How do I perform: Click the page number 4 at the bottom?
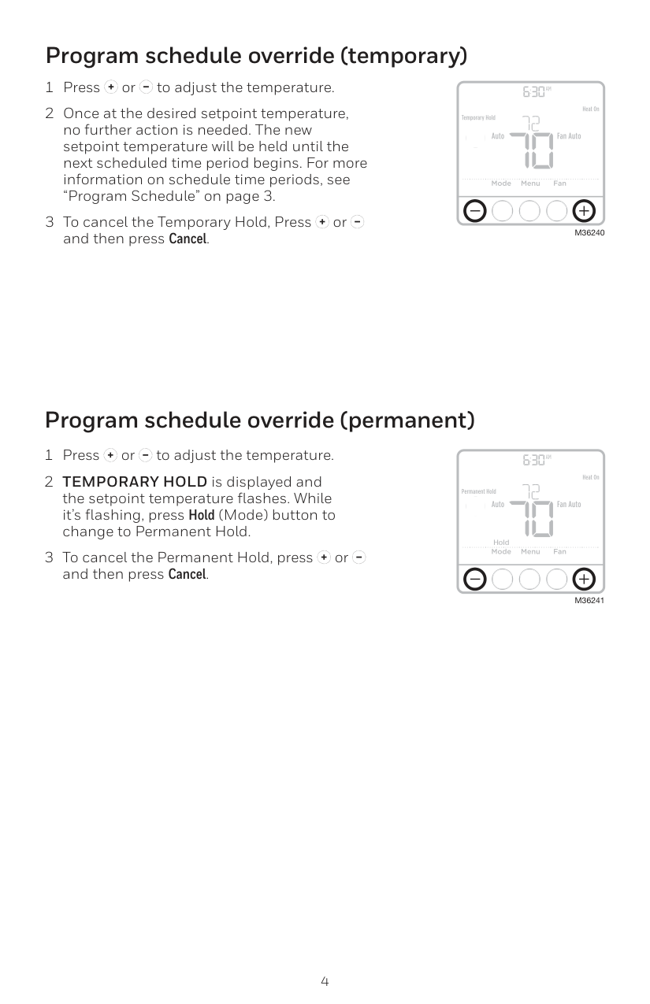(x=325, y=981)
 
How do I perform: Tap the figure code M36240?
(x=589, y=234)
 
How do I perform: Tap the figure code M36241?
(x=589, y=601)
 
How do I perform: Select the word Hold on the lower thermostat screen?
(x=501, y=543)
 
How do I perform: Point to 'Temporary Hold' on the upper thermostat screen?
(x=478, y=118)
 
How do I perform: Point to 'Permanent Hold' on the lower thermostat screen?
(x=478, y=491)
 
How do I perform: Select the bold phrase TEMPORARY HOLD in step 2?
(x=135, y=482)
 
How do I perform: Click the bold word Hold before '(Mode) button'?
(x=202, y=516)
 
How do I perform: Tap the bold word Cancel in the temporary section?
(x=188, y=239)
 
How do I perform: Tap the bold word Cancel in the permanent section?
(x=188, y=574)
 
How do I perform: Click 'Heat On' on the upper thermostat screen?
(x=590, y=109)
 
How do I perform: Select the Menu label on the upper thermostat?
(x=530, y=183)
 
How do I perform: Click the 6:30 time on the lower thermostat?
(x=534, y=460)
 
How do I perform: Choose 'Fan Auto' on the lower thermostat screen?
(x=568, y=504)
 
